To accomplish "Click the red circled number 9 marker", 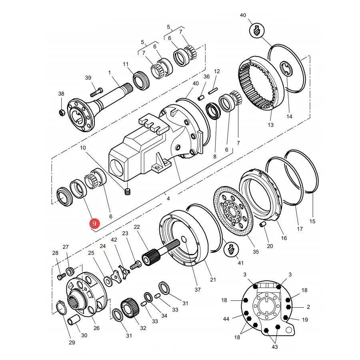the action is [94, 223].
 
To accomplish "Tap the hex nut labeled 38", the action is [62, 113].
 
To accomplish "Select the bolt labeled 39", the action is [96, 92].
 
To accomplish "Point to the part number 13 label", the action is [271, 125].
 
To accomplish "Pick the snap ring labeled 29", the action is [62, 308].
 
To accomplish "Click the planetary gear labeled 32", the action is [130, 308].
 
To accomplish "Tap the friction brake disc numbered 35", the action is [233, 210].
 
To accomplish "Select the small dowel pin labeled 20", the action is [263, 224].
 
